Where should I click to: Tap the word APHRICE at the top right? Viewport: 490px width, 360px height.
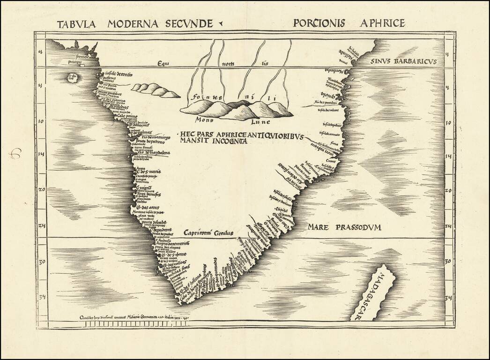coord(382,22)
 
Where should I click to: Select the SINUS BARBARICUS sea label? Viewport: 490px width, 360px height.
coord(403,61)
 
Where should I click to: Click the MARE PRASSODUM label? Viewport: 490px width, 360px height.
coord(344,227)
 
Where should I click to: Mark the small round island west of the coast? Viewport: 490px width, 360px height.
coord(74,77)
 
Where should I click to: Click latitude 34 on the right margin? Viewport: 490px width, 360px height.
coord(448,297)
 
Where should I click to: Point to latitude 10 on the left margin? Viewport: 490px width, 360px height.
coord(40,121)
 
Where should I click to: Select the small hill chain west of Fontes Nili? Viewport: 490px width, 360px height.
coord(155,90)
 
